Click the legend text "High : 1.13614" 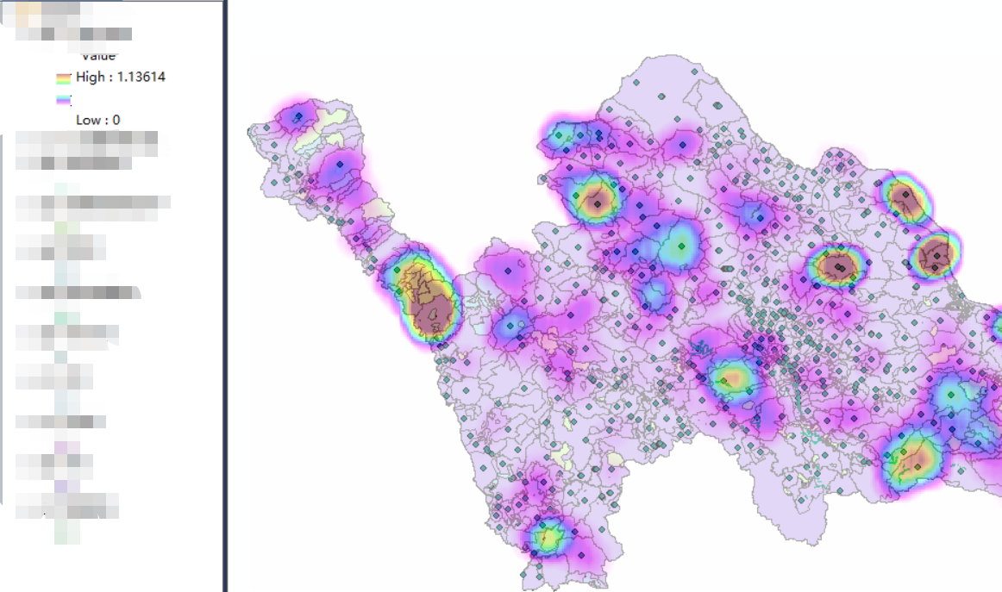120,77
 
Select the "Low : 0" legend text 97,120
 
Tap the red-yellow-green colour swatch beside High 64,78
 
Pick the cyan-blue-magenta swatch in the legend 64,100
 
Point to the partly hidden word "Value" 98,57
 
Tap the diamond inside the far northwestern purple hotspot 298,116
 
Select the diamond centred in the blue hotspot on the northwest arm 340,164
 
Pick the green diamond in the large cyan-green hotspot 681,246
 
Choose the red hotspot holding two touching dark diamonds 837,267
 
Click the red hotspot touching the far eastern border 935,255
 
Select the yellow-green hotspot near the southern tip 545,539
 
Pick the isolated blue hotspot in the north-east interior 757,216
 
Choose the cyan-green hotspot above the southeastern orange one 951,396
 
